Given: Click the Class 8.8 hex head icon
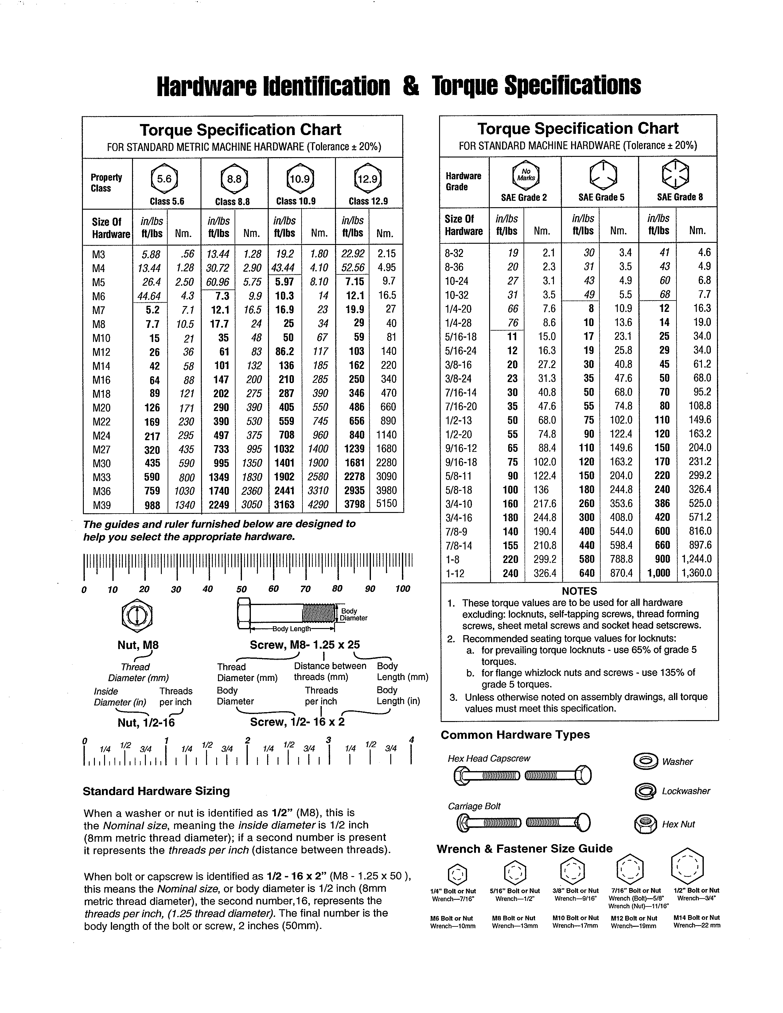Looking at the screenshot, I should point(234,179).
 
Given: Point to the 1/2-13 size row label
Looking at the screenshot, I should point(458,420).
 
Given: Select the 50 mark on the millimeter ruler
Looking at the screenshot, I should point(241,589).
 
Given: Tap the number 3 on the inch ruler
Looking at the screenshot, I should point(329,740).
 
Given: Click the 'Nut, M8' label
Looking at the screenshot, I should point(138,645).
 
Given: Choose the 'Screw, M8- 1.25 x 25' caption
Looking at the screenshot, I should point(305,645).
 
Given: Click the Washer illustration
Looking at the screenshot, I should point(645,762).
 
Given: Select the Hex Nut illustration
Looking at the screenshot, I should point(645,824).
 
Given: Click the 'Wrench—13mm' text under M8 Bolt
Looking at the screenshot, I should point(514,926).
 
